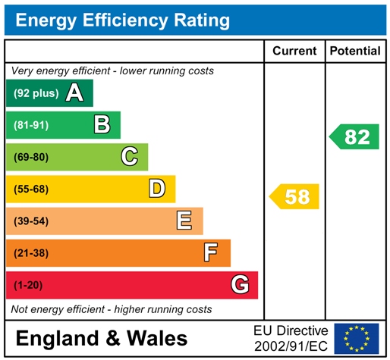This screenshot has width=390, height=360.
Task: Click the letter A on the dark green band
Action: point(74,93)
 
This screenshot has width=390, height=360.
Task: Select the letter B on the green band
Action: point(102,124)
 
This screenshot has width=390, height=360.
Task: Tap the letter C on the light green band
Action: point(130,156)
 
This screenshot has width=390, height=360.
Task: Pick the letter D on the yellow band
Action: point(157,188)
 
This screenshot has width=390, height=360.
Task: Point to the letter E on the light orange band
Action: point(184,221)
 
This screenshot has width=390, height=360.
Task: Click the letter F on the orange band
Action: point(211,252)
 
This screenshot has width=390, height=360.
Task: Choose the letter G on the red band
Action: point(240,285)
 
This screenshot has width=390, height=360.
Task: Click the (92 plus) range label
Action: point(35,94)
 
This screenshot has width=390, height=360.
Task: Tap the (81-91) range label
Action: point(30,125)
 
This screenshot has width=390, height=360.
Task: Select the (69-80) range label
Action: point(30,157)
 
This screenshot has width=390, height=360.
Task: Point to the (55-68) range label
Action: point(30,189)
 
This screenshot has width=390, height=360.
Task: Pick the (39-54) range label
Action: point(30,221)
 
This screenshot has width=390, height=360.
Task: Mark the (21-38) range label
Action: point(30,252)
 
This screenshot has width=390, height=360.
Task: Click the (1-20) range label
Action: point(27,285)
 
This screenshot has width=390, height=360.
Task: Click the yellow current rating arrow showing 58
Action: point(295,197)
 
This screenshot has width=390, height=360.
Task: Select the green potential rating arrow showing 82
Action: point(355,137)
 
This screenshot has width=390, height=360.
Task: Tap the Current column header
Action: point(294,51)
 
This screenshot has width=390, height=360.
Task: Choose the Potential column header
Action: point(355,51)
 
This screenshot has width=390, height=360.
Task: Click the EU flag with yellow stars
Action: point(357,338)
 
